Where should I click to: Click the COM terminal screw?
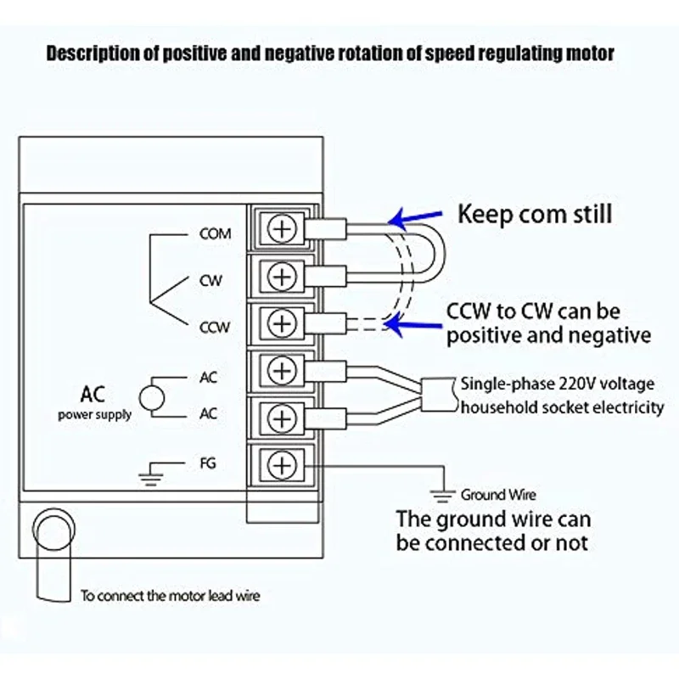tap(282, 228)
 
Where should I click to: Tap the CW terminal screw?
tap(282, 277)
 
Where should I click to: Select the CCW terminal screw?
tap(282, 323)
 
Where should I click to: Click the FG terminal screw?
tap(282, 465)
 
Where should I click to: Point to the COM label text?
tap(216, 234)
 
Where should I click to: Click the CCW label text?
tap(215, 328)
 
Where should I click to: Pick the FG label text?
tap(208, 463)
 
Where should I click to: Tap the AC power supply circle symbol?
tap(152, 397)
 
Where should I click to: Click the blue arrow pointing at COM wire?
tap(415, 218)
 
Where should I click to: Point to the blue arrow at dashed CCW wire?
tap(412, 325)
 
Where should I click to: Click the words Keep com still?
tap(535, 215)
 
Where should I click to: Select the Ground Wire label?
tap(498, 495)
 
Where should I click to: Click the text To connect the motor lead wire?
tap(171, 596)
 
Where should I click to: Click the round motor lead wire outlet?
tap(53, 529)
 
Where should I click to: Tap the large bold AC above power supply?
tap(93, 395)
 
